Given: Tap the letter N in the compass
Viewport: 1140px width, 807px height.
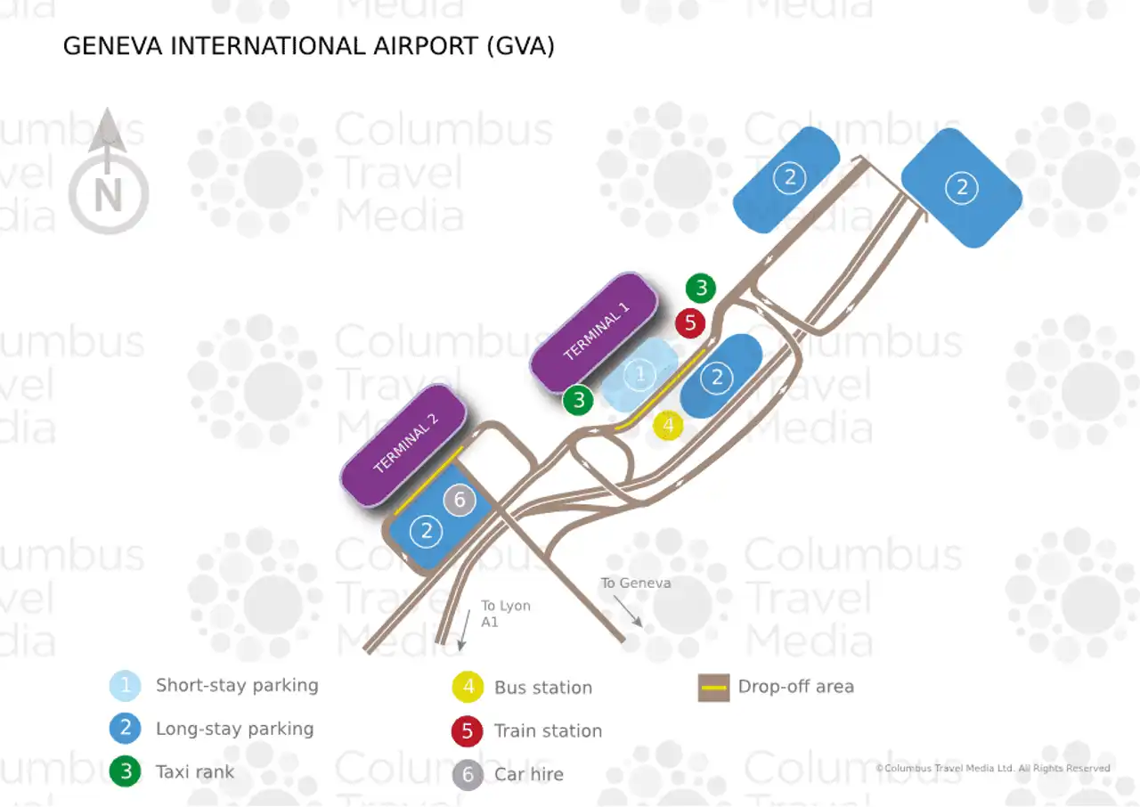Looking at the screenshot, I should pos(108,195).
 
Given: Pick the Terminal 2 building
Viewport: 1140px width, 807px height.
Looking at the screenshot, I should pos(405,444).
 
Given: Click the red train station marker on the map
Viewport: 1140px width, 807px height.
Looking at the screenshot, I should pos(690,322).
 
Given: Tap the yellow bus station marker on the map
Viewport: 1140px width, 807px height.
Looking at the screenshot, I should pos(668,426).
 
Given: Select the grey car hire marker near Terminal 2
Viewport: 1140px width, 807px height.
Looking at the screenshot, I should pos(460,501).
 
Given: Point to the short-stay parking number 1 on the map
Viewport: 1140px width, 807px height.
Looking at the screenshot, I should pos(639,375).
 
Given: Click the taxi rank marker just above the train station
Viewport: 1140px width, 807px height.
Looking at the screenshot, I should pos(701,288).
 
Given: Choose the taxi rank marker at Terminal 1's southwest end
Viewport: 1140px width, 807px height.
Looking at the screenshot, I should pos(579,401).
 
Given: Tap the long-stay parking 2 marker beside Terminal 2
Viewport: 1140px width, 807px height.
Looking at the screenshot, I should pos(427,532).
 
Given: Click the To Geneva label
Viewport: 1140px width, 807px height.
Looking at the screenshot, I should pos(635,583).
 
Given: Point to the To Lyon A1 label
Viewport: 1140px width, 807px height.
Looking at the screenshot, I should pos(505,614).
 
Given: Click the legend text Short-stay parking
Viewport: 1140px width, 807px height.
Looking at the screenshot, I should pos(237,686).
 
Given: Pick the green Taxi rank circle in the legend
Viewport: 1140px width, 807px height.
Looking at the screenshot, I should pos(126,772).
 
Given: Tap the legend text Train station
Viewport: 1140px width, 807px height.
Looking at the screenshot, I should pos(548,731).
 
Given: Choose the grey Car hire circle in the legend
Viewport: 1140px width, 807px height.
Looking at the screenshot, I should pos(468,775).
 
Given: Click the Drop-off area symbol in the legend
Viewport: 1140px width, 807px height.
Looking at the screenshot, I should pos(713,688).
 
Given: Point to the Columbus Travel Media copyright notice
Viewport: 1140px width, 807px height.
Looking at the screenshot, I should pos(992,768).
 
